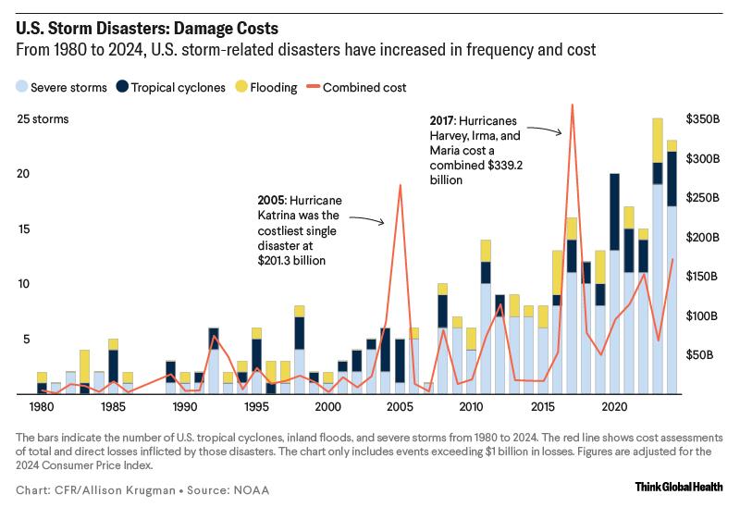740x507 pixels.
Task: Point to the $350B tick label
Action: (702, 119)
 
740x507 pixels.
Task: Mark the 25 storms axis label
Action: (43, 119)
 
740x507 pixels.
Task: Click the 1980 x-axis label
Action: (41, 406)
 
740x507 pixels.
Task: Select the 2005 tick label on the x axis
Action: (400, 406)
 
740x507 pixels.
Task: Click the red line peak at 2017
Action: (572, 105)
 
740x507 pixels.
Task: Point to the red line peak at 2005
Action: (400, 185)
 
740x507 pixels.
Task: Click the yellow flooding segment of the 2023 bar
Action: (658, 140)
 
